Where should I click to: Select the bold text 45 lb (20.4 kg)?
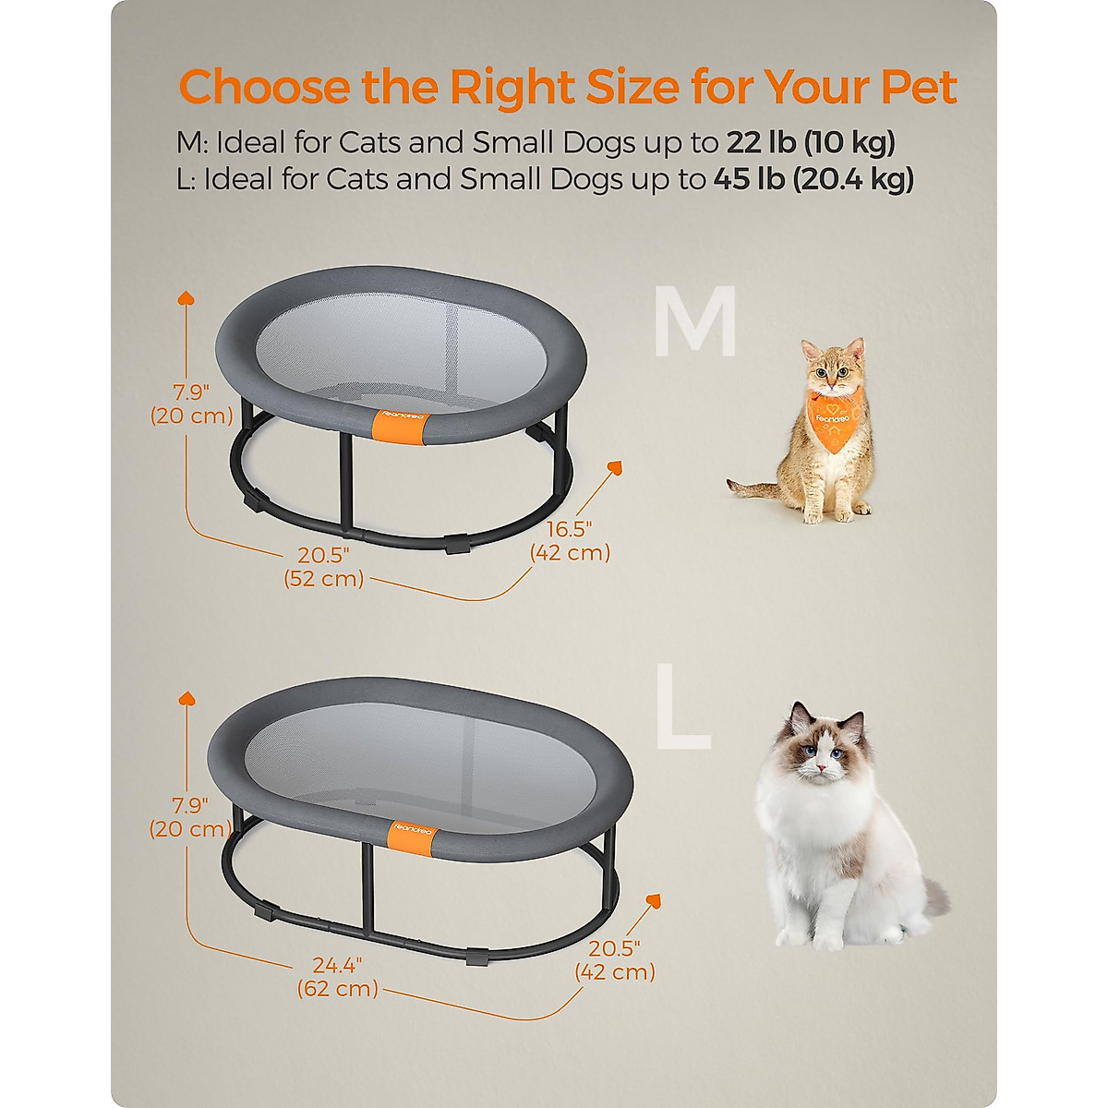point(813,179)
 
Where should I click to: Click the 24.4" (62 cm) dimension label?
point(337,977)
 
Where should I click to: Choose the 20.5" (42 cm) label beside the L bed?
point(614,960)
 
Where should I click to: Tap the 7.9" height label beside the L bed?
point(190,816)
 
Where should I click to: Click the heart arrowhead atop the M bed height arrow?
point(186,298)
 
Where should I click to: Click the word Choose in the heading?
point(264,88)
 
